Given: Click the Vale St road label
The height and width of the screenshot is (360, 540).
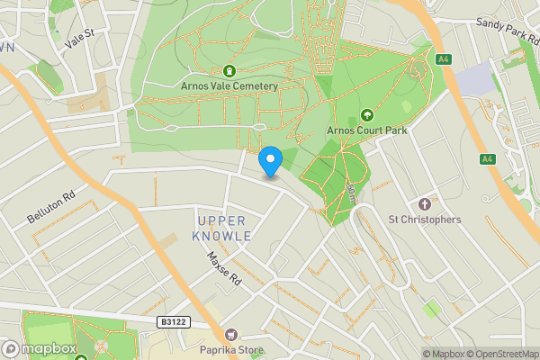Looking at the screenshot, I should (x=81, y=41).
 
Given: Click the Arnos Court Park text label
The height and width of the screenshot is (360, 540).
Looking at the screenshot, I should (x=366, y=130).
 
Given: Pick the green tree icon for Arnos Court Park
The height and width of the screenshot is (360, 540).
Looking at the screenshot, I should (x=366, y=114).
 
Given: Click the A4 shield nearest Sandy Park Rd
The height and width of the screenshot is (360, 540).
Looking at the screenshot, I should (x=442, y=60).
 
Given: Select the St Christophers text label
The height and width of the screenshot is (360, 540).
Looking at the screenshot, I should (x=424, y=220).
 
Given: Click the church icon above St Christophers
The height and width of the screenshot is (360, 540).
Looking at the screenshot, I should (x=425, y=203).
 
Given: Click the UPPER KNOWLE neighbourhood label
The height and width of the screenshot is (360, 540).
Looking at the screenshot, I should (x=221, y=228).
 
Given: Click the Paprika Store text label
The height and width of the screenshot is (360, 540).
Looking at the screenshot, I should (x=231, y=351).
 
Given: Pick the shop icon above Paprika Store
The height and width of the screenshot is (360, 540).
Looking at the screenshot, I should (x=231, y=335).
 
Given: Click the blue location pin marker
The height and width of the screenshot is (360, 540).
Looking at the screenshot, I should (x=270, y=161).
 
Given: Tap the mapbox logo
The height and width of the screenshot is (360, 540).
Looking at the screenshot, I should (x=40, y=347).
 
